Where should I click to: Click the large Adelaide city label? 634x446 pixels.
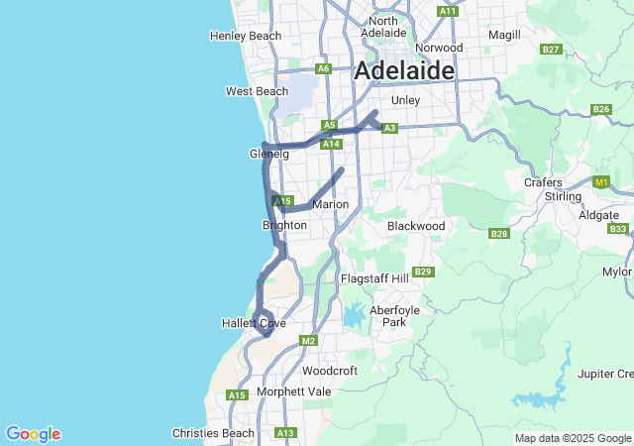click(x=404, y=71)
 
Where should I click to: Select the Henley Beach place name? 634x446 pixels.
click(x=246, y=36)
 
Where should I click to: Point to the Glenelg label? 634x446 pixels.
click(x=268, y=154)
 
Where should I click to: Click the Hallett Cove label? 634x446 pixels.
click(x=254, y=324)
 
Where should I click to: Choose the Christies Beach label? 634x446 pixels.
click(x=213, y=433)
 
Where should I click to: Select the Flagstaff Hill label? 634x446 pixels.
click(x=374, y=279)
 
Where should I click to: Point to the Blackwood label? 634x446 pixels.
click(x=416, y=226)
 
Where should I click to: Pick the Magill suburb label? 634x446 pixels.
click(x=504, y=35)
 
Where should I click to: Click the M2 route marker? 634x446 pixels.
click(x=308, y=341)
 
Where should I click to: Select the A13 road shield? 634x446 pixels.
click(x=286, y=433)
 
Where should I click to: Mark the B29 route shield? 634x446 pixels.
click(x=424, y=272)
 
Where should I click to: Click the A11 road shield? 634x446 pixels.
click(x=447, y=11)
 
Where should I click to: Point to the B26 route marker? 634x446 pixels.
click(x=600, y=109)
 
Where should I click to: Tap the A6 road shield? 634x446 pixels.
click(x=323, y=68)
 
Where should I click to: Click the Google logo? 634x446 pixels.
click(x=33, y=434)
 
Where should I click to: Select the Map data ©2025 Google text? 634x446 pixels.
click(x=573, y=438)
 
